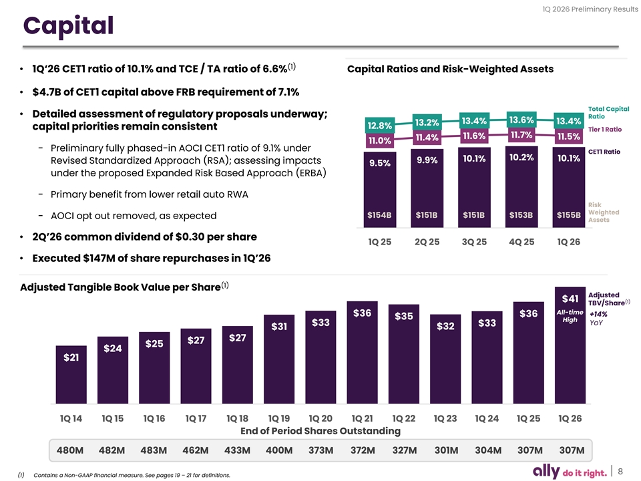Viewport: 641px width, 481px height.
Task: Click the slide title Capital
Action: click(67, 26)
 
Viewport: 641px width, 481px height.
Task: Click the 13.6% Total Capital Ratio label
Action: click(521, 120)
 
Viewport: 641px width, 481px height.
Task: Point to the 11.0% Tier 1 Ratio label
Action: click(379, 141)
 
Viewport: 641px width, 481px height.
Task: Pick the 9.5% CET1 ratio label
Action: click(379, 163)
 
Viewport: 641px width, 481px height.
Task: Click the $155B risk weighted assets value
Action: click(568, 214)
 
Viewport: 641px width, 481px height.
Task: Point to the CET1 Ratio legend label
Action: click(604, 152)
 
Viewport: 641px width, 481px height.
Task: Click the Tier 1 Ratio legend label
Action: click(604, 129)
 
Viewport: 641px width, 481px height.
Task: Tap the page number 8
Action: click(620, 472)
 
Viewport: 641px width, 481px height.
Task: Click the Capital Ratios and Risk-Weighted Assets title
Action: click(451, 69)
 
